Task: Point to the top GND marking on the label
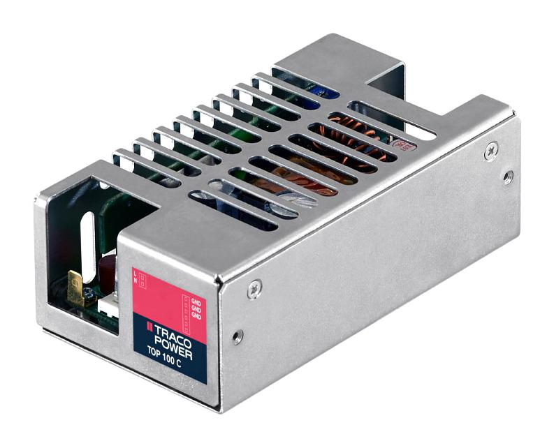click(196, 302)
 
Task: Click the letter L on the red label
click(136, 273)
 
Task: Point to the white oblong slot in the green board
click(87, 241)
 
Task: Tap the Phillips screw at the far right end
click(492, 148)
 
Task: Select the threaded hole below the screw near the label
click(238, 336)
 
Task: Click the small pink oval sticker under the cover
click(402, 146)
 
